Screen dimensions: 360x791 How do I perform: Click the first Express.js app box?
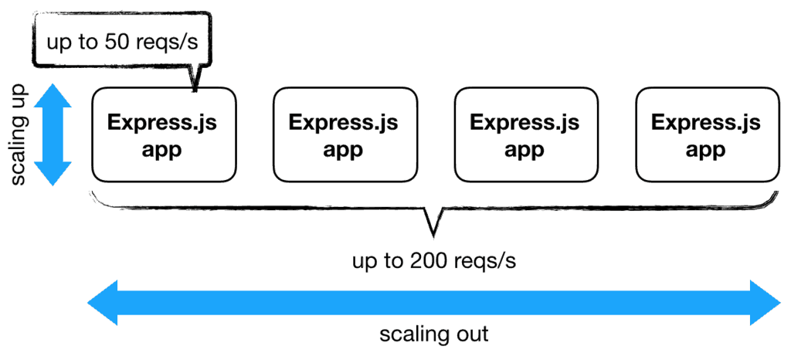click(164, 134)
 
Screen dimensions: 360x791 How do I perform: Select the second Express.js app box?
click(345, 134)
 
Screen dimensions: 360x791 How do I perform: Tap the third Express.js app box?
click(525, 134)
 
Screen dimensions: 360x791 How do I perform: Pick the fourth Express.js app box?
click(706, 134)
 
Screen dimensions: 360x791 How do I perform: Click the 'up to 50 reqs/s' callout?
click(123, 40)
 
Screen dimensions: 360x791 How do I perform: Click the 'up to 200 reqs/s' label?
click(433, 261)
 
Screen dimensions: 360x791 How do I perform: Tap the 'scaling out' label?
click(433, 335)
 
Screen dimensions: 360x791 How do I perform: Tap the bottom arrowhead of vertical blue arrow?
click(53, 174)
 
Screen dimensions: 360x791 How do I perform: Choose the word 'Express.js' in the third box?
click(525, 122)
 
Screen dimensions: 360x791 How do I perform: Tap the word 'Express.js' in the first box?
click(164, 122)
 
